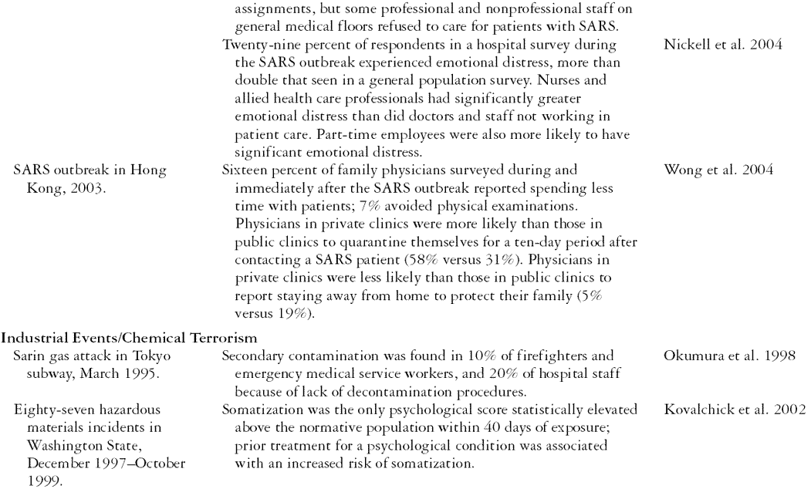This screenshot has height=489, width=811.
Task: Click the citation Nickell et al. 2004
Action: pyautogui.click(x=719, y=45)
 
